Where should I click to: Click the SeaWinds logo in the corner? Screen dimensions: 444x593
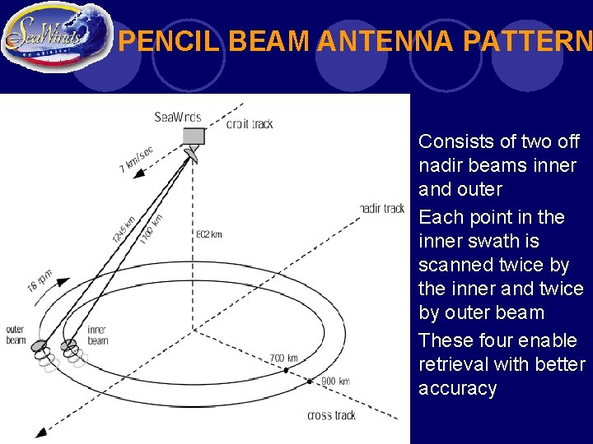(55, 37)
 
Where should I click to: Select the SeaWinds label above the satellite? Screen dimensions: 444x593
(178, 117)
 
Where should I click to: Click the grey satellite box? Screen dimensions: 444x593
(193, 136)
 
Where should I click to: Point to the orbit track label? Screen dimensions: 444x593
(250, 124)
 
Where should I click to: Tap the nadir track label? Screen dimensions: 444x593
(382, 209)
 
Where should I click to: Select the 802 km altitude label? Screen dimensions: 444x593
(208, 234)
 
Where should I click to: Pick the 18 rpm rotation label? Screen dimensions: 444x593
(39, 280)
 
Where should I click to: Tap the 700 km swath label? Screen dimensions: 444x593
(284, 358)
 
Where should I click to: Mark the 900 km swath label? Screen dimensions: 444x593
(336, 382)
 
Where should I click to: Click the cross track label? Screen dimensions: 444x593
(331, 415)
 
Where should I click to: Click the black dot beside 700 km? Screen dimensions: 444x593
(286, 370)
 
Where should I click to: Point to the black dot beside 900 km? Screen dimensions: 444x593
(310, 381)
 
